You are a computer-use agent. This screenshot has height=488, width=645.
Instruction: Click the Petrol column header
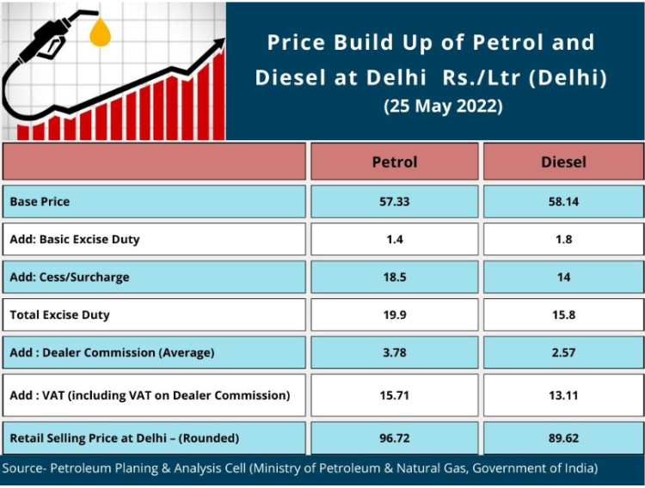[x=394, y=162]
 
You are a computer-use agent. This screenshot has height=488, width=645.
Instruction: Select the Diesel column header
[x=563, y=162]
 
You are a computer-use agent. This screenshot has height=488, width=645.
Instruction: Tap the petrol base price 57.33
[x=394, y=202]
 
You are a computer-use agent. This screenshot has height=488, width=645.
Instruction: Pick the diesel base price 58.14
[x=563, y=202]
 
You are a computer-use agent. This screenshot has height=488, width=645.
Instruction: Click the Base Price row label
[x=40, y=202]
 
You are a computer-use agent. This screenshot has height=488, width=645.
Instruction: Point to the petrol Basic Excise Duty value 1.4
[x=394, y=239]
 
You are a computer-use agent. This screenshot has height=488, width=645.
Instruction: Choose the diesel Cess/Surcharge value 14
[x=563, y=277]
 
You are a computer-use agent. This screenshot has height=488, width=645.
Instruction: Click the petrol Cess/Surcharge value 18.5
[x=394, y=277]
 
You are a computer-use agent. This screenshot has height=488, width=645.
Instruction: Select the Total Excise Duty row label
[x=59, y=314]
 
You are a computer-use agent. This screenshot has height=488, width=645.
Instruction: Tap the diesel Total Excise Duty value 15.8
[x=563, y=314]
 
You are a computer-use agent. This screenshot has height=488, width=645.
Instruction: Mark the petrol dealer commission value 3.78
[x=394, y=352]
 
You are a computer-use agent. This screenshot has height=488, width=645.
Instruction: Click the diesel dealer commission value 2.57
[x=563, y=352]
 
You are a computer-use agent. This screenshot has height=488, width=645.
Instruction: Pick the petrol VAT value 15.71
[x=394, y=395]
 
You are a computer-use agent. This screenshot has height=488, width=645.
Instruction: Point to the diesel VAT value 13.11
[x=563, y=395]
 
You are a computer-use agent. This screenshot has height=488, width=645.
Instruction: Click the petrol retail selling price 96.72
[x=394, y=438]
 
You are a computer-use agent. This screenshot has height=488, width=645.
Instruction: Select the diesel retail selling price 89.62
[x=563, y=438]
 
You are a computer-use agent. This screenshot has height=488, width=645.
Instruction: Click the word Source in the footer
[x=23, y=469]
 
